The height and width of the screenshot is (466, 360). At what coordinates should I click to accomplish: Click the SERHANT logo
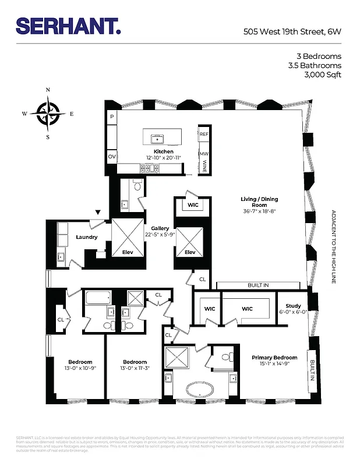(x=68, y=26)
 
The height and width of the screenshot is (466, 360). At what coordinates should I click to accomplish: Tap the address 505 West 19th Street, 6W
(x=292, y=33)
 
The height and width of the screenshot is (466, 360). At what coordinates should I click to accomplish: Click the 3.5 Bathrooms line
(x=315, y=65)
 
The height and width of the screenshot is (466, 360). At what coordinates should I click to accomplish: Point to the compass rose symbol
(x=48, y=114)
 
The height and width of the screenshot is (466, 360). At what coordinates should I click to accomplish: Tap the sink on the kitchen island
(x=156, y=139)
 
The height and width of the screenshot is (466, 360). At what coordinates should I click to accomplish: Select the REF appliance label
(x=204, y=134)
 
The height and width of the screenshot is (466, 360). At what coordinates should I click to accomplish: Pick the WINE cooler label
(x=204, y=167)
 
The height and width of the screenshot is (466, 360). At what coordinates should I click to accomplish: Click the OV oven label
(x=111, y=157)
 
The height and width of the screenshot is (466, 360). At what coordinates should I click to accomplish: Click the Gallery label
(x=160, y=228)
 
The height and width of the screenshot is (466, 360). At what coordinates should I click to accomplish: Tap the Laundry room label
(x=86, y=237)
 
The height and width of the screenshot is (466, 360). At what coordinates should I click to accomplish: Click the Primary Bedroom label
(x=274, y=358)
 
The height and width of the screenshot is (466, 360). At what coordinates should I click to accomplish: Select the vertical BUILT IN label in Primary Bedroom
(x=312, y=370)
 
